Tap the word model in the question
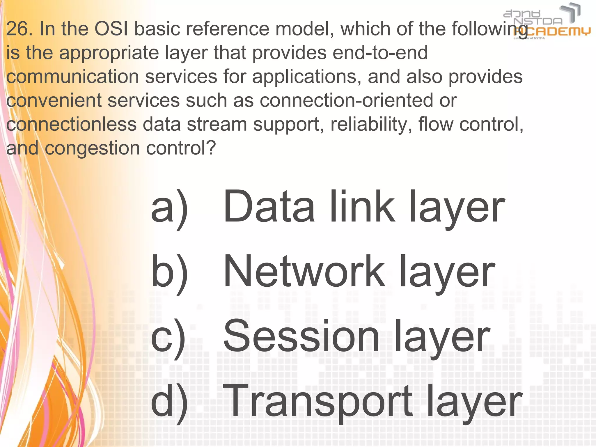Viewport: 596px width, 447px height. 304,29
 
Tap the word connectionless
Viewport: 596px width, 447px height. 71,125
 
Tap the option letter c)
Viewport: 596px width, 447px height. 168,338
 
